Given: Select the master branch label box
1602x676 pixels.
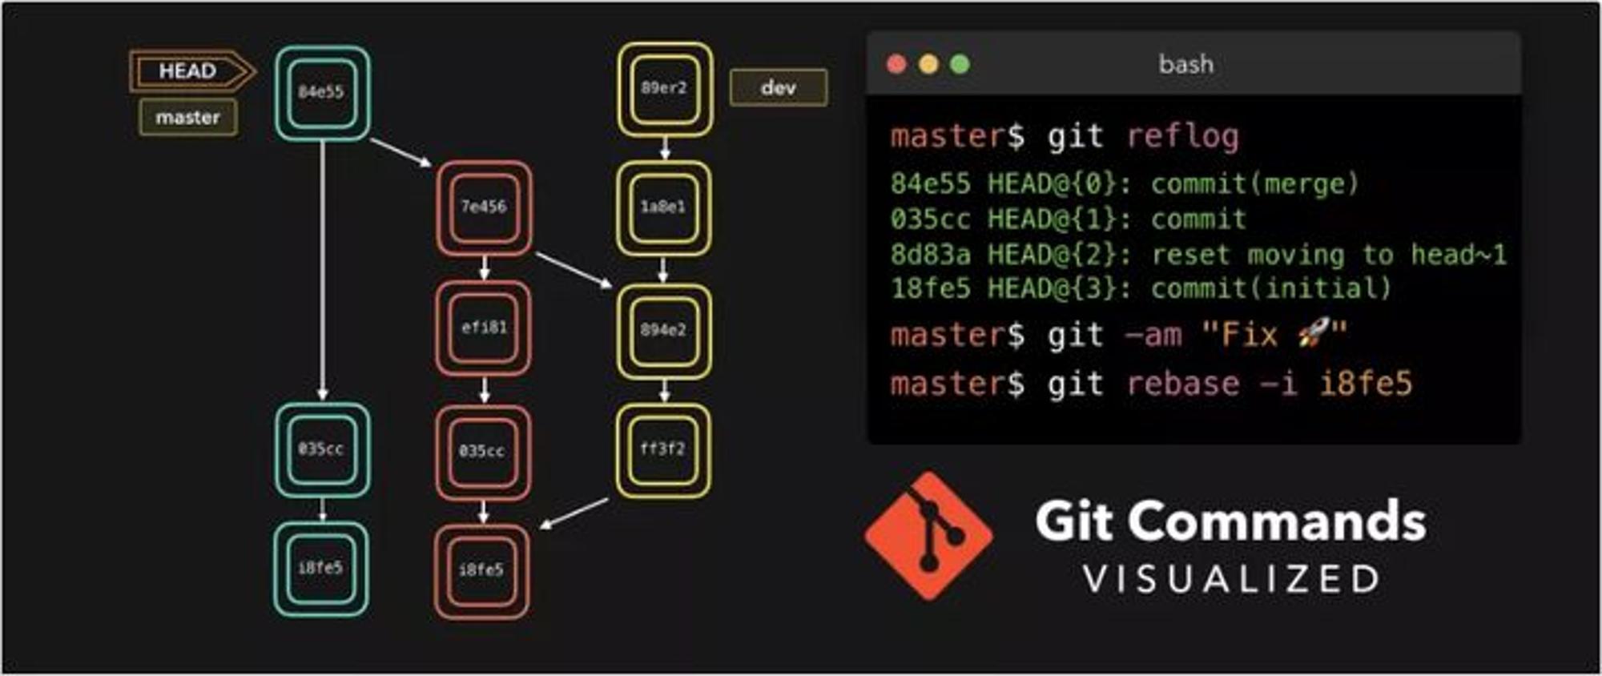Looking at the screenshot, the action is coord(187,118).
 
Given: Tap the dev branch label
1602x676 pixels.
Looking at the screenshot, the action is coord(779,87).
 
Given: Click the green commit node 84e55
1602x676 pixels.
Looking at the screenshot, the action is coord(322,93).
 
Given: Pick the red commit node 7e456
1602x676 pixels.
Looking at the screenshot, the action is coord(484,208).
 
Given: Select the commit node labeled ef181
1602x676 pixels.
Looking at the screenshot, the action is coord(484,328).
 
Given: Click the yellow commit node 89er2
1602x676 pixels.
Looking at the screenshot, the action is coord(665,89).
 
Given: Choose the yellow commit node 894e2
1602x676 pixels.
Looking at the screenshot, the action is coord(664,331).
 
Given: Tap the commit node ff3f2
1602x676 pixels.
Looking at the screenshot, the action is coord(663,450).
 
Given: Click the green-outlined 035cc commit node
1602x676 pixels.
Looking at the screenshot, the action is coord(322,449).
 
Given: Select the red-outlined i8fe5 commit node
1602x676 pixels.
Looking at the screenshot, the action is coord(482,571).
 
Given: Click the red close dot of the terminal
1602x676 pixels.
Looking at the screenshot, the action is coord(897,64).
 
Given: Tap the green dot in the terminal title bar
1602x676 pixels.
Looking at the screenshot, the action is coord(960,64).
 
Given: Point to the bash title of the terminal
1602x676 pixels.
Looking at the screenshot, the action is coord(1186,64).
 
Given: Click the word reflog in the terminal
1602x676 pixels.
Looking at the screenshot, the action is coord(1183,137).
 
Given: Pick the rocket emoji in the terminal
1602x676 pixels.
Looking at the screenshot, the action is coord(1314,333).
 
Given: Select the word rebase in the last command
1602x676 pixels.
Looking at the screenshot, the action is coord(1183,384).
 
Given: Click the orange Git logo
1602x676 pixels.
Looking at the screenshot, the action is coord(929,536).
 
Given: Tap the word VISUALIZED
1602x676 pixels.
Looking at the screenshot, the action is coord(1232,579).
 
